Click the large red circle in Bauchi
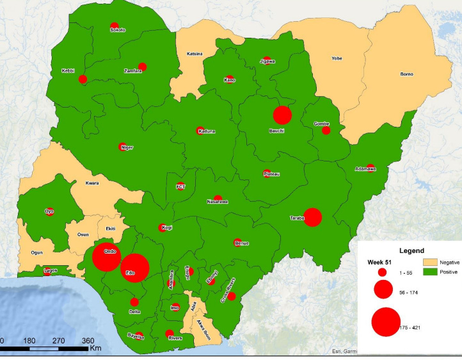pos(282,115)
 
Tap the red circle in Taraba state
pos(312,217)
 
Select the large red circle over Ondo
pos(106,258)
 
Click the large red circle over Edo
pos(134,268)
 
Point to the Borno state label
pos(406,74)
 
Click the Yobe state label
pos(337,58)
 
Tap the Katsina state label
pos(194,53)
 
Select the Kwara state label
pos(92,183)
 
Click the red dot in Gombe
pos(326,130)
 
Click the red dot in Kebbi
pos(83,79)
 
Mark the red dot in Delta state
pos(134,302)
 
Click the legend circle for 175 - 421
pos(386,322)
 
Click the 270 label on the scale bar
pos(58,341)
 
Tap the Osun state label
pos(83,234)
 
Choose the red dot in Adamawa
pos(370,168)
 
